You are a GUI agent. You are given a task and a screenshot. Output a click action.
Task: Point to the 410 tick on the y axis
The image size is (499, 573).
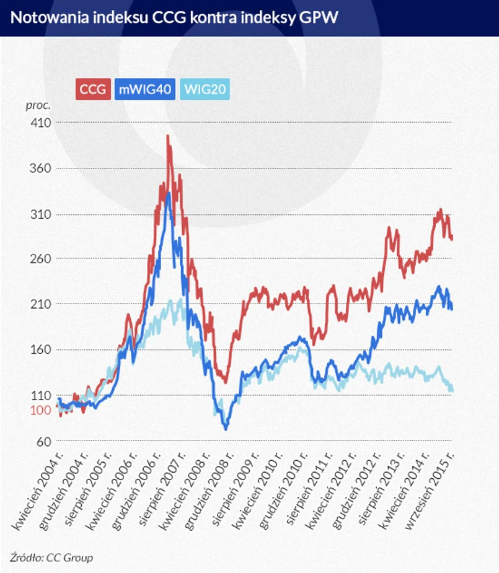(41, 123)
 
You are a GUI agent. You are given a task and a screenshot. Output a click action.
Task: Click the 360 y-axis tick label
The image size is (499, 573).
(41, 168)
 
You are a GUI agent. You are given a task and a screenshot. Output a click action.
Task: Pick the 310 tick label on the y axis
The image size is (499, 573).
(41, 214)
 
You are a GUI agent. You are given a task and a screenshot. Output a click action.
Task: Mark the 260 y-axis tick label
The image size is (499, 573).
(41, 259)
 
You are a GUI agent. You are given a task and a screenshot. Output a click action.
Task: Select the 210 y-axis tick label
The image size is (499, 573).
(41, 304)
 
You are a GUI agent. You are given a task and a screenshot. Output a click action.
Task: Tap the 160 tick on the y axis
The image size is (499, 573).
(41, 350)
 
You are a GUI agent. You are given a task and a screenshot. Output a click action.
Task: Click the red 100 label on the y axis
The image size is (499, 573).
(41, 410)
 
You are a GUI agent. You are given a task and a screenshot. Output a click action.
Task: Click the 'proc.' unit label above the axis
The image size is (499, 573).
(38, 105)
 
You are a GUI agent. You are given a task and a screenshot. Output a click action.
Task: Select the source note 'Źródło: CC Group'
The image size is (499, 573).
(51, 558)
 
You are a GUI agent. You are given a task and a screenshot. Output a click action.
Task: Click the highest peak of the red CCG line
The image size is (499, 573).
(168, 136)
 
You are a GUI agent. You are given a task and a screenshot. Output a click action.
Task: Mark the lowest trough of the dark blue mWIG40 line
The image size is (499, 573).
(226, 429)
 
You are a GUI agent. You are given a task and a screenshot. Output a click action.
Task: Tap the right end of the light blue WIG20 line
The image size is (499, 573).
(451, 389)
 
